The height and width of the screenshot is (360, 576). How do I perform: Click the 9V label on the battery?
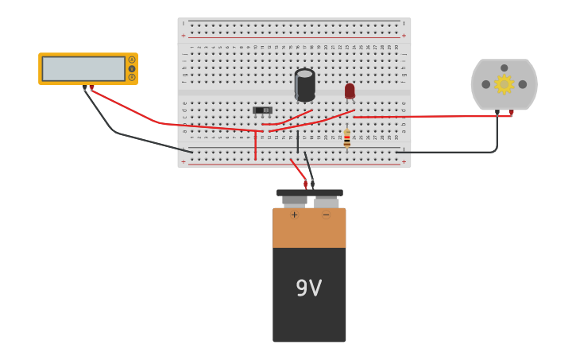click(x=308, y=288)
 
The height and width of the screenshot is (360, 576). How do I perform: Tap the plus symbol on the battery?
click(x=294, y=215)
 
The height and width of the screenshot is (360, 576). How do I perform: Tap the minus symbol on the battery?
click(x=326, y=215)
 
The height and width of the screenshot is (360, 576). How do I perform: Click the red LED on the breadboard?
click(x=350, y=91)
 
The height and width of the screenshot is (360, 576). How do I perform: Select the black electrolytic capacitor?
click(x=304, y=84)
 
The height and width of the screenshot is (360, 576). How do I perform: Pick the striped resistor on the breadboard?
click(x=347, y=139)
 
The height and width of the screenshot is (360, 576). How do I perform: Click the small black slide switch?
click(x=262, y=110)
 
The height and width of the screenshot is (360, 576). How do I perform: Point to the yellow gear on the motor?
click(x=504, y=83)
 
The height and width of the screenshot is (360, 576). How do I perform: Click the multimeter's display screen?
click(x=83, y=68)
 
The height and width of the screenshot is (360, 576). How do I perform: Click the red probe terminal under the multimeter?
click(x=91, y=87)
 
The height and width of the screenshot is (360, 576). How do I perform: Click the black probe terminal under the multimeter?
click(x=84, y=87)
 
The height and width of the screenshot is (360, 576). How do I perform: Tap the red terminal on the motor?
click(x=511, y=113)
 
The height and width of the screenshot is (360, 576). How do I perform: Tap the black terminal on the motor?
click(x=497, y=113)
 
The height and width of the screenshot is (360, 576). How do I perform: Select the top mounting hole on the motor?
click(x=504, y=68)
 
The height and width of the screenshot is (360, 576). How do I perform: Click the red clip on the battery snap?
click(x=305, y=184)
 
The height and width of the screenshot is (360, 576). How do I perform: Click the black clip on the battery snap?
click(x=312, y=184)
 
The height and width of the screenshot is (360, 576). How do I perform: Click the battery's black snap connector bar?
click(x=310, y=192)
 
